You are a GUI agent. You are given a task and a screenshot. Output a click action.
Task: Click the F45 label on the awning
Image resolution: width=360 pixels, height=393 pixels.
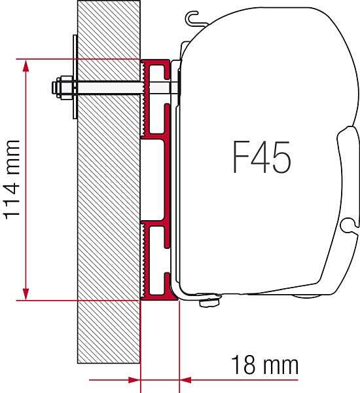[262, 157]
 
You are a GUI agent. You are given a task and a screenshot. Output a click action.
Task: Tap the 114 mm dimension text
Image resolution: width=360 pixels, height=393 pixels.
[11, 179]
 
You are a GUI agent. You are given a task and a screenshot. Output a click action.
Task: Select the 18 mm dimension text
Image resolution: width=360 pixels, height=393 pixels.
[265, 365]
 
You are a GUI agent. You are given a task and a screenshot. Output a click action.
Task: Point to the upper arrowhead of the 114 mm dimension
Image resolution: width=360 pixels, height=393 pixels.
[26, 66]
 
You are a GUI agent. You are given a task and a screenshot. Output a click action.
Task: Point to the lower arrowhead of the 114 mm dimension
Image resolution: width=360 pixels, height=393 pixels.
[26, 293]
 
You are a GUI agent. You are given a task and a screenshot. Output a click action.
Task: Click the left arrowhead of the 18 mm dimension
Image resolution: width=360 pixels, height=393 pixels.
[134, 380]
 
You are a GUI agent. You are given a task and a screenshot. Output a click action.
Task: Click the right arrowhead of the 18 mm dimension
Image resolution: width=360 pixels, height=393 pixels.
[186, 380]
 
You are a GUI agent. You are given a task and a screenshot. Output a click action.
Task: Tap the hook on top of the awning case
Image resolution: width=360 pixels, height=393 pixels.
[194, 18]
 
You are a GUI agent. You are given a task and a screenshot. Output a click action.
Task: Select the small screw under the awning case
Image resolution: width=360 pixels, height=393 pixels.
[209, 302]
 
